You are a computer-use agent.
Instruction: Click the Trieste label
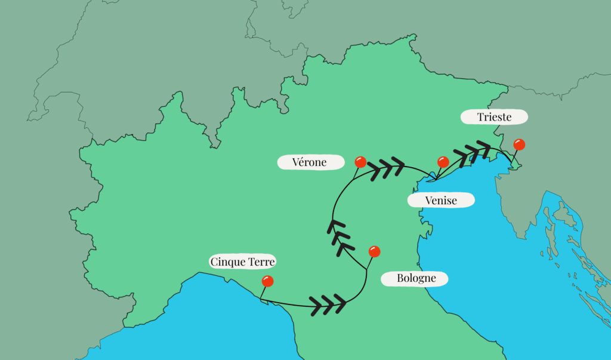[x=494, y=117]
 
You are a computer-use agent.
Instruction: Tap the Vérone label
[x=310, y=162]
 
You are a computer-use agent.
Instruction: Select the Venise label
[x=441, y=201]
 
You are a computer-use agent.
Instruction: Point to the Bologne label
[x=416, y=278]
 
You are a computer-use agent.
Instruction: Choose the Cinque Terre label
[x=243, y=262]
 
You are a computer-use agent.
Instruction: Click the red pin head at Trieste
[x=519, y=144]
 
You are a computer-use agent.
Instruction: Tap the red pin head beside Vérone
[x=360, y=162]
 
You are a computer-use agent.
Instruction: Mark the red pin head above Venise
[x=443, y=162]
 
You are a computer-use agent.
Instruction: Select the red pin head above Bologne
[x=374, y=251]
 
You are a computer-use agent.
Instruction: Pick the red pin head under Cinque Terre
[x=267, y=281]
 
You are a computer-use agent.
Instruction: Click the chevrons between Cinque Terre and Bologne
[x=327, y=303]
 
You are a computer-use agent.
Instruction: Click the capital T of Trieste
[x=480, y=117]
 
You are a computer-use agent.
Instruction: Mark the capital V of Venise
[x=428, y=201]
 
